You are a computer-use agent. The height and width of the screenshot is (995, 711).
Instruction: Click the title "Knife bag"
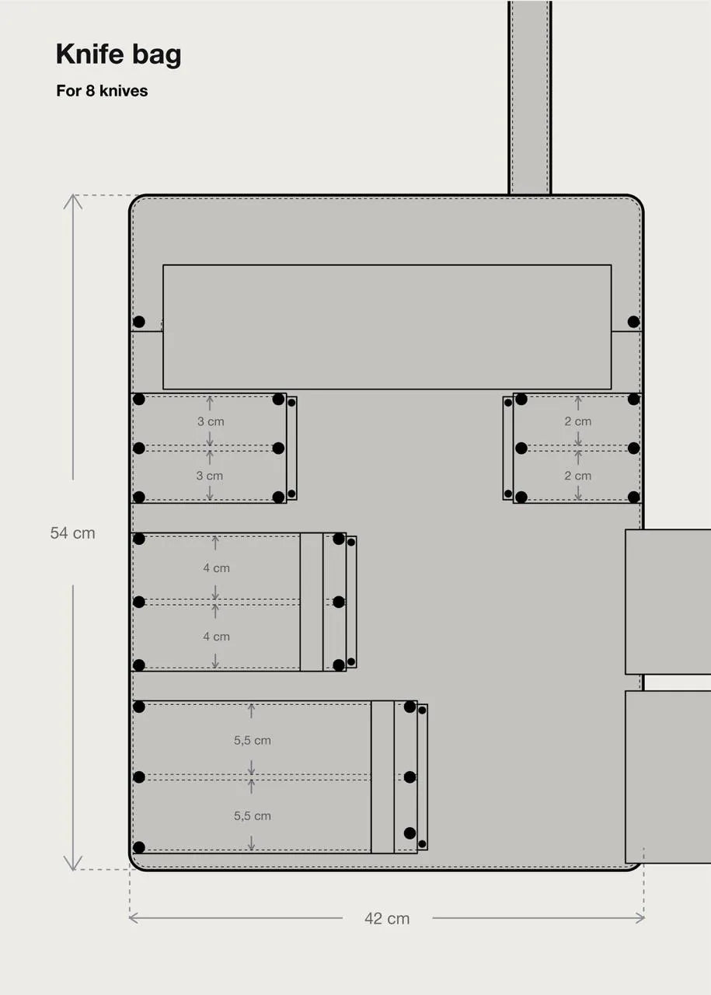[118, 54]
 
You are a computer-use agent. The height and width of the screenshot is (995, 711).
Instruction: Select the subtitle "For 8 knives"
[102, 91]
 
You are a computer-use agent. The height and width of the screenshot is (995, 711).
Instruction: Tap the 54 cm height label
[72, 533]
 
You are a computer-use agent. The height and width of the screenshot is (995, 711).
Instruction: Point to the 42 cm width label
[387, 919]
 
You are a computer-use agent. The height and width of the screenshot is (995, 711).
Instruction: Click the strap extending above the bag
[530, 97]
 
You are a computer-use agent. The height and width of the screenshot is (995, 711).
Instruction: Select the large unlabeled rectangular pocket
[387, 326]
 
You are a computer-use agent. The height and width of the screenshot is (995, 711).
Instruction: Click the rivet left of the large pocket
[139, 322]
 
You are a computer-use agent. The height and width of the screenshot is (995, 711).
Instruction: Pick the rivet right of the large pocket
[633, 322]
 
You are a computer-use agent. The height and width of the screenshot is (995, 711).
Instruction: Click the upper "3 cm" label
[210, 421]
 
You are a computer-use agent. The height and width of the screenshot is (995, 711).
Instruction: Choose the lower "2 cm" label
[577, 476]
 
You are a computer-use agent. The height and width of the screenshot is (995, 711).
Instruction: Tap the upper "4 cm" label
[216, 568]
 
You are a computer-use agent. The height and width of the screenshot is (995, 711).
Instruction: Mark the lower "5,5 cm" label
[253, 816]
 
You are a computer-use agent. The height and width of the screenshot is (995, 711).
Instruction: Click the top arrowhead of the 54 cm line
[72, 197]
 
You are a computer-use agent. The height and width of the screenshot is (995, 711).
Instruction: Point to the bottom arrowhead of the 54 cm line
[72, 867]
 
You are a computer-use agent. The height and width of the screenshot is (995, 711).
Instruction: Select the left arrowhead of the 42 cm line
[132, 918]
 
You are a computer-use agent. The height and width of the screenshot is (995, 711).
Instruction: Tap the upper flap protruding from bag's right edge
[668, 602]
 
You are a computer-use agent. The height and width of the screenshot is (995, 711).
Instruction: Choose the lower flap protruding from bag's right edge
[668, 777]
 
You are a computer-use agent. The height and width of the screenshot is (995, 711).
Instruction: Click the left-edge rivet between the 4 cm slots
[139, 602]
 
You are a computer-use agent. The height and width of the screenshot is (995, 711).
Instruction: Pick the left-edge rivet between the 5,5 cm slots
[139, 777]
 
